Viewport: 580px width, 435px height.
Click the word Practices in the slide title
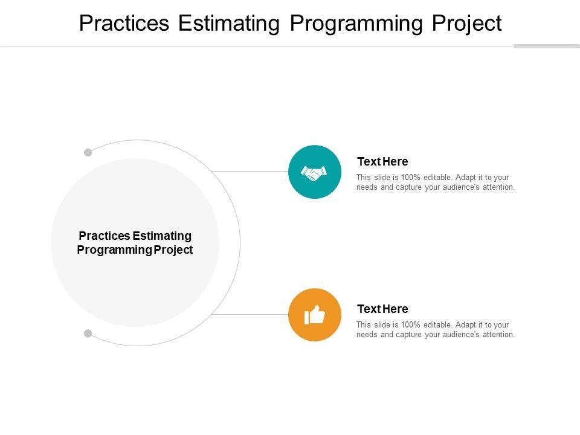click(x=124, y=23)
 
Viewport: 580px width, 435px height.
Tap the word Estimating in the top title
click(x=229, y=23)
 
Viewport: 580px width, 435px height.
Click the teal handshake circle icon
click(x=315, y=172)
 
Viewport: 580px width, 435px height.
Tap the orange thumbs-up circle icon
click(x=315, y=315)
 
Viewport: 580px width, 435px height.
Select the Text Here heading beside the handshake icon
click(x=382, y=162)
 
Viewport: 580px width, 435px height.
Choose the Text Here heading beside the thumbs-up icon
click(x=382, y=309)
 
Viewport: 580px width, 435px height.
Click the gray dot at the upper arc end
click(x=88, y=152)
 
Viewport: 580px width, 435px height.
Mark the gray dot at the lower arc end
click(x=88, y=333)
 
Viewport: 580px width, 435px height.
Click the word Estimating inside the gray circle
click(x=162, y=236)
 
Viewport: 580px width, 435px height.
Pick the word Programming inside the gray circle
click(x=114, y=250)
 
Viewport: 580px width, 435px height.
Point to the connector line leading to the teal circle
click(x=250, y=171)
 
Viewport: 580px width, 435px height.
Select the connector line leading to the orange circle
click(x=250, y=314)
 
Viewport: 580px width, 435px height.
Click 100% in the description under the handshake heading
click(x=411, y=178)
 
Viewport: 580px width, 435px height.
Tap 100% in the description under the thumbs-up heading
click(x=411, y=325)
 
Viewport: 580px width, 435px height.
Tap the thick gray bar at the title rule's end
click(x=547, y=47)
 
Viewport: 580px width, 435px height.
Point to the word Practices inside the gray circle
click(x=105, y=236)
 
